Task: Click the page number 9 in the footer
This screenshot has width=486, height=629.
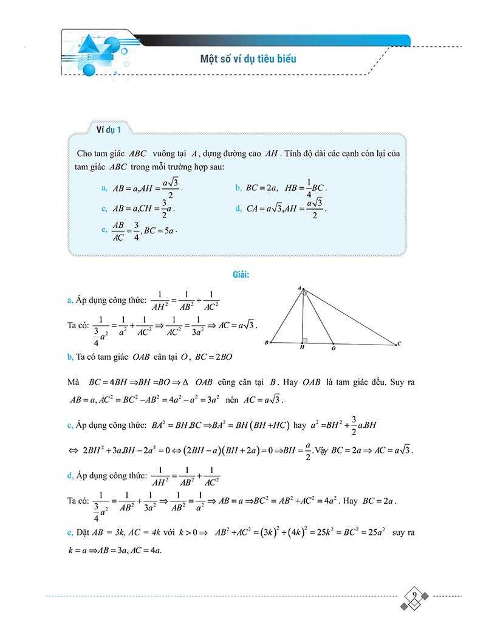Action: (414, 594)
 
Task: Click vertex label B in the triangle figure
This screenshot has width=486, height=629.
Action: (267, 343)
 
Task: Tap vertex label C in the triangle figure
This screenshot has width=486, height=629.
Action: (399, 345)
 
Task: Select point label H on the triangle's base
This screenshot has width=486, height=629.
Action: (302, 349)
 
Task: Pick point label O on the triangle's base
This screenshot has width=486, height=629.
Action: (332, 349)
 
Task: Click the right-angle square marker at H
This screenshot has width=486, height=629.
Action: (306, 340)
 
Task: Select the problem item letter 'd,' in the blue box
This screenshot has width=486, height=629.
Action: (238, 208)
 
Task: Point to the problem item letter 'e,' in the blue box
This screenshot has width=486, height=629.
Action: (104, 229)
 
